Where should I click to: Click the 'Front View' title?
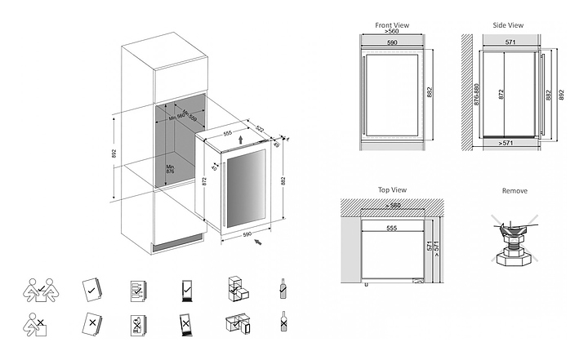click(391, 25)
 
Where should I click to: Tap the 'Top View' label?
click(392, 189)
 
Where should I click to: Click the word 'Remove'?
click(515, 190)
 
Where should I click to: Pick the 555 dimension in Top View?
click(392, 228)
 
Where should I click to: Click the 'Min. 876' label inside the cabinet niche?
click(171, 168)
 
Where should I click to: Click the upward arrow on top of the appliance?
click(238, 140)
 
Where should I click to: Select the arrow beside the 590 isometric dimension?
click(258, 242)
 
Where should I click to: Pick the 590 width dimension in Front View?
click(392, 42)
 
